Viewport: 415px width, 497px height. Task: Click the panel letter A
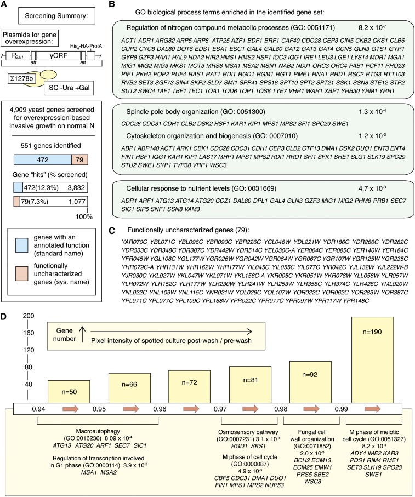coord(5,5)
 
